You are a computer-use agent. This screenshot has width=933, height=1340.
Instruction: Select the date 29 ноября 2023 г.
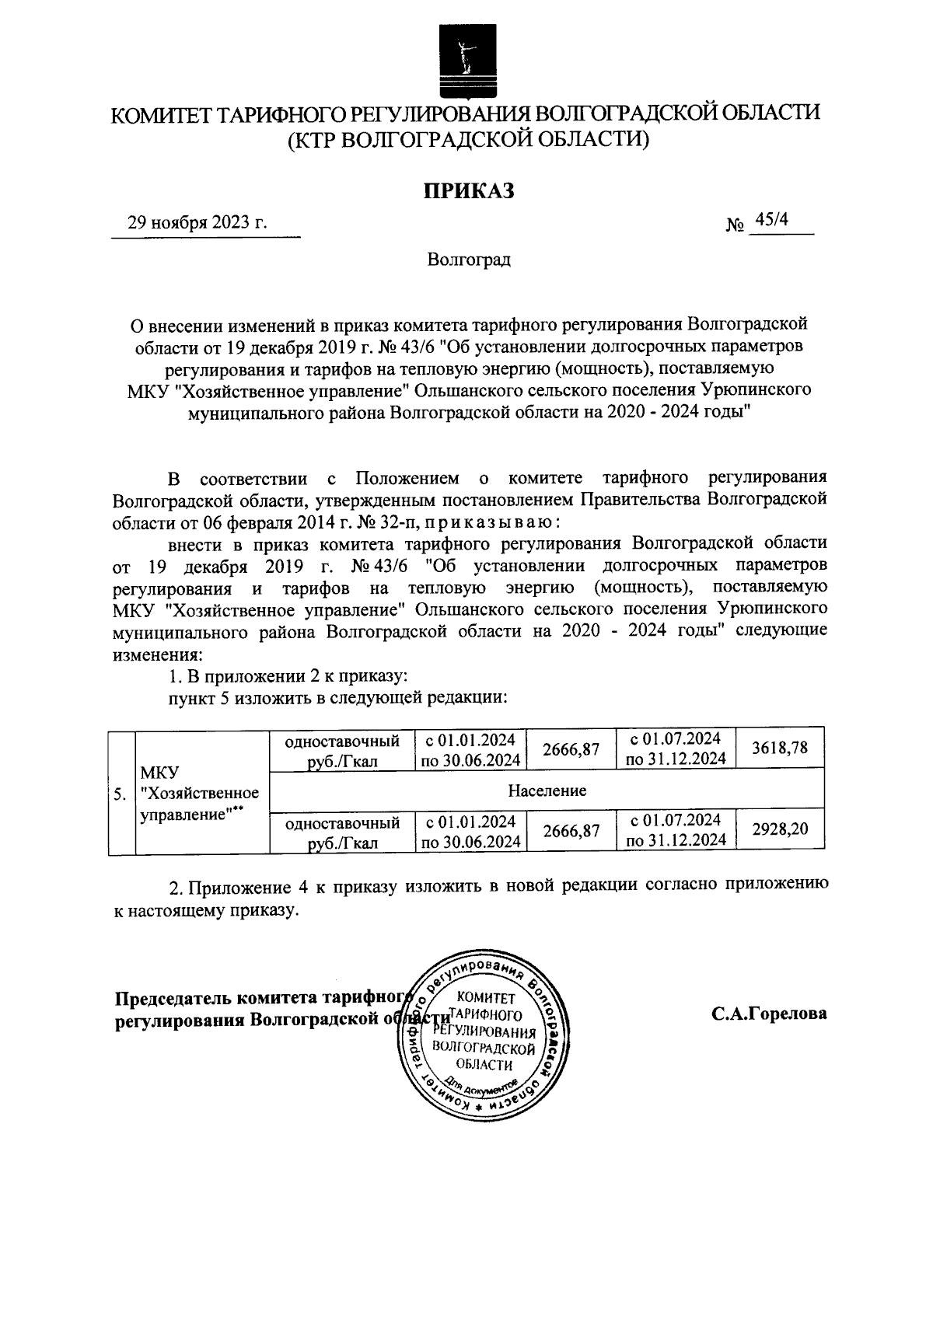[197, 223]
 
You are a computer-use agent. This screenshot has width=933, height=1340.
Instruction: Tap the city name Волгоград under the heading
[468, 260]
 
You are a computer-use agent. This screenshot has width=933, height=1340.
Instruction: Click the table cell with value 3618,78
[780, 749]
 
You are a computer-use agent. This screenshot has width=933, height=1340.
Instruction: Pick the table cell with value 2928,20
[780, 829]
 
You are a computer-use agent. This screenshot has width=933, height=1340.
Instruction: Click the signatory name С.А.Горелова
[767, 1014]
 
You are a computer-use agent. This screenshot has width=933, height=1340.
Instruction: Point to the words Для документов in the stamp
[481, 1085]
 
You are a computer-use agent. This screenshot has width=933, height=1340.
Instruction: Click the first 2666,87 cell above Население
[571, 749]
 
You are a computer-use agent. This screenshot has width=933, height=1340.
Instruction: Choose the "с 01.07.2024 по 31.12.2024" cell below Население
[675, 829]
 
